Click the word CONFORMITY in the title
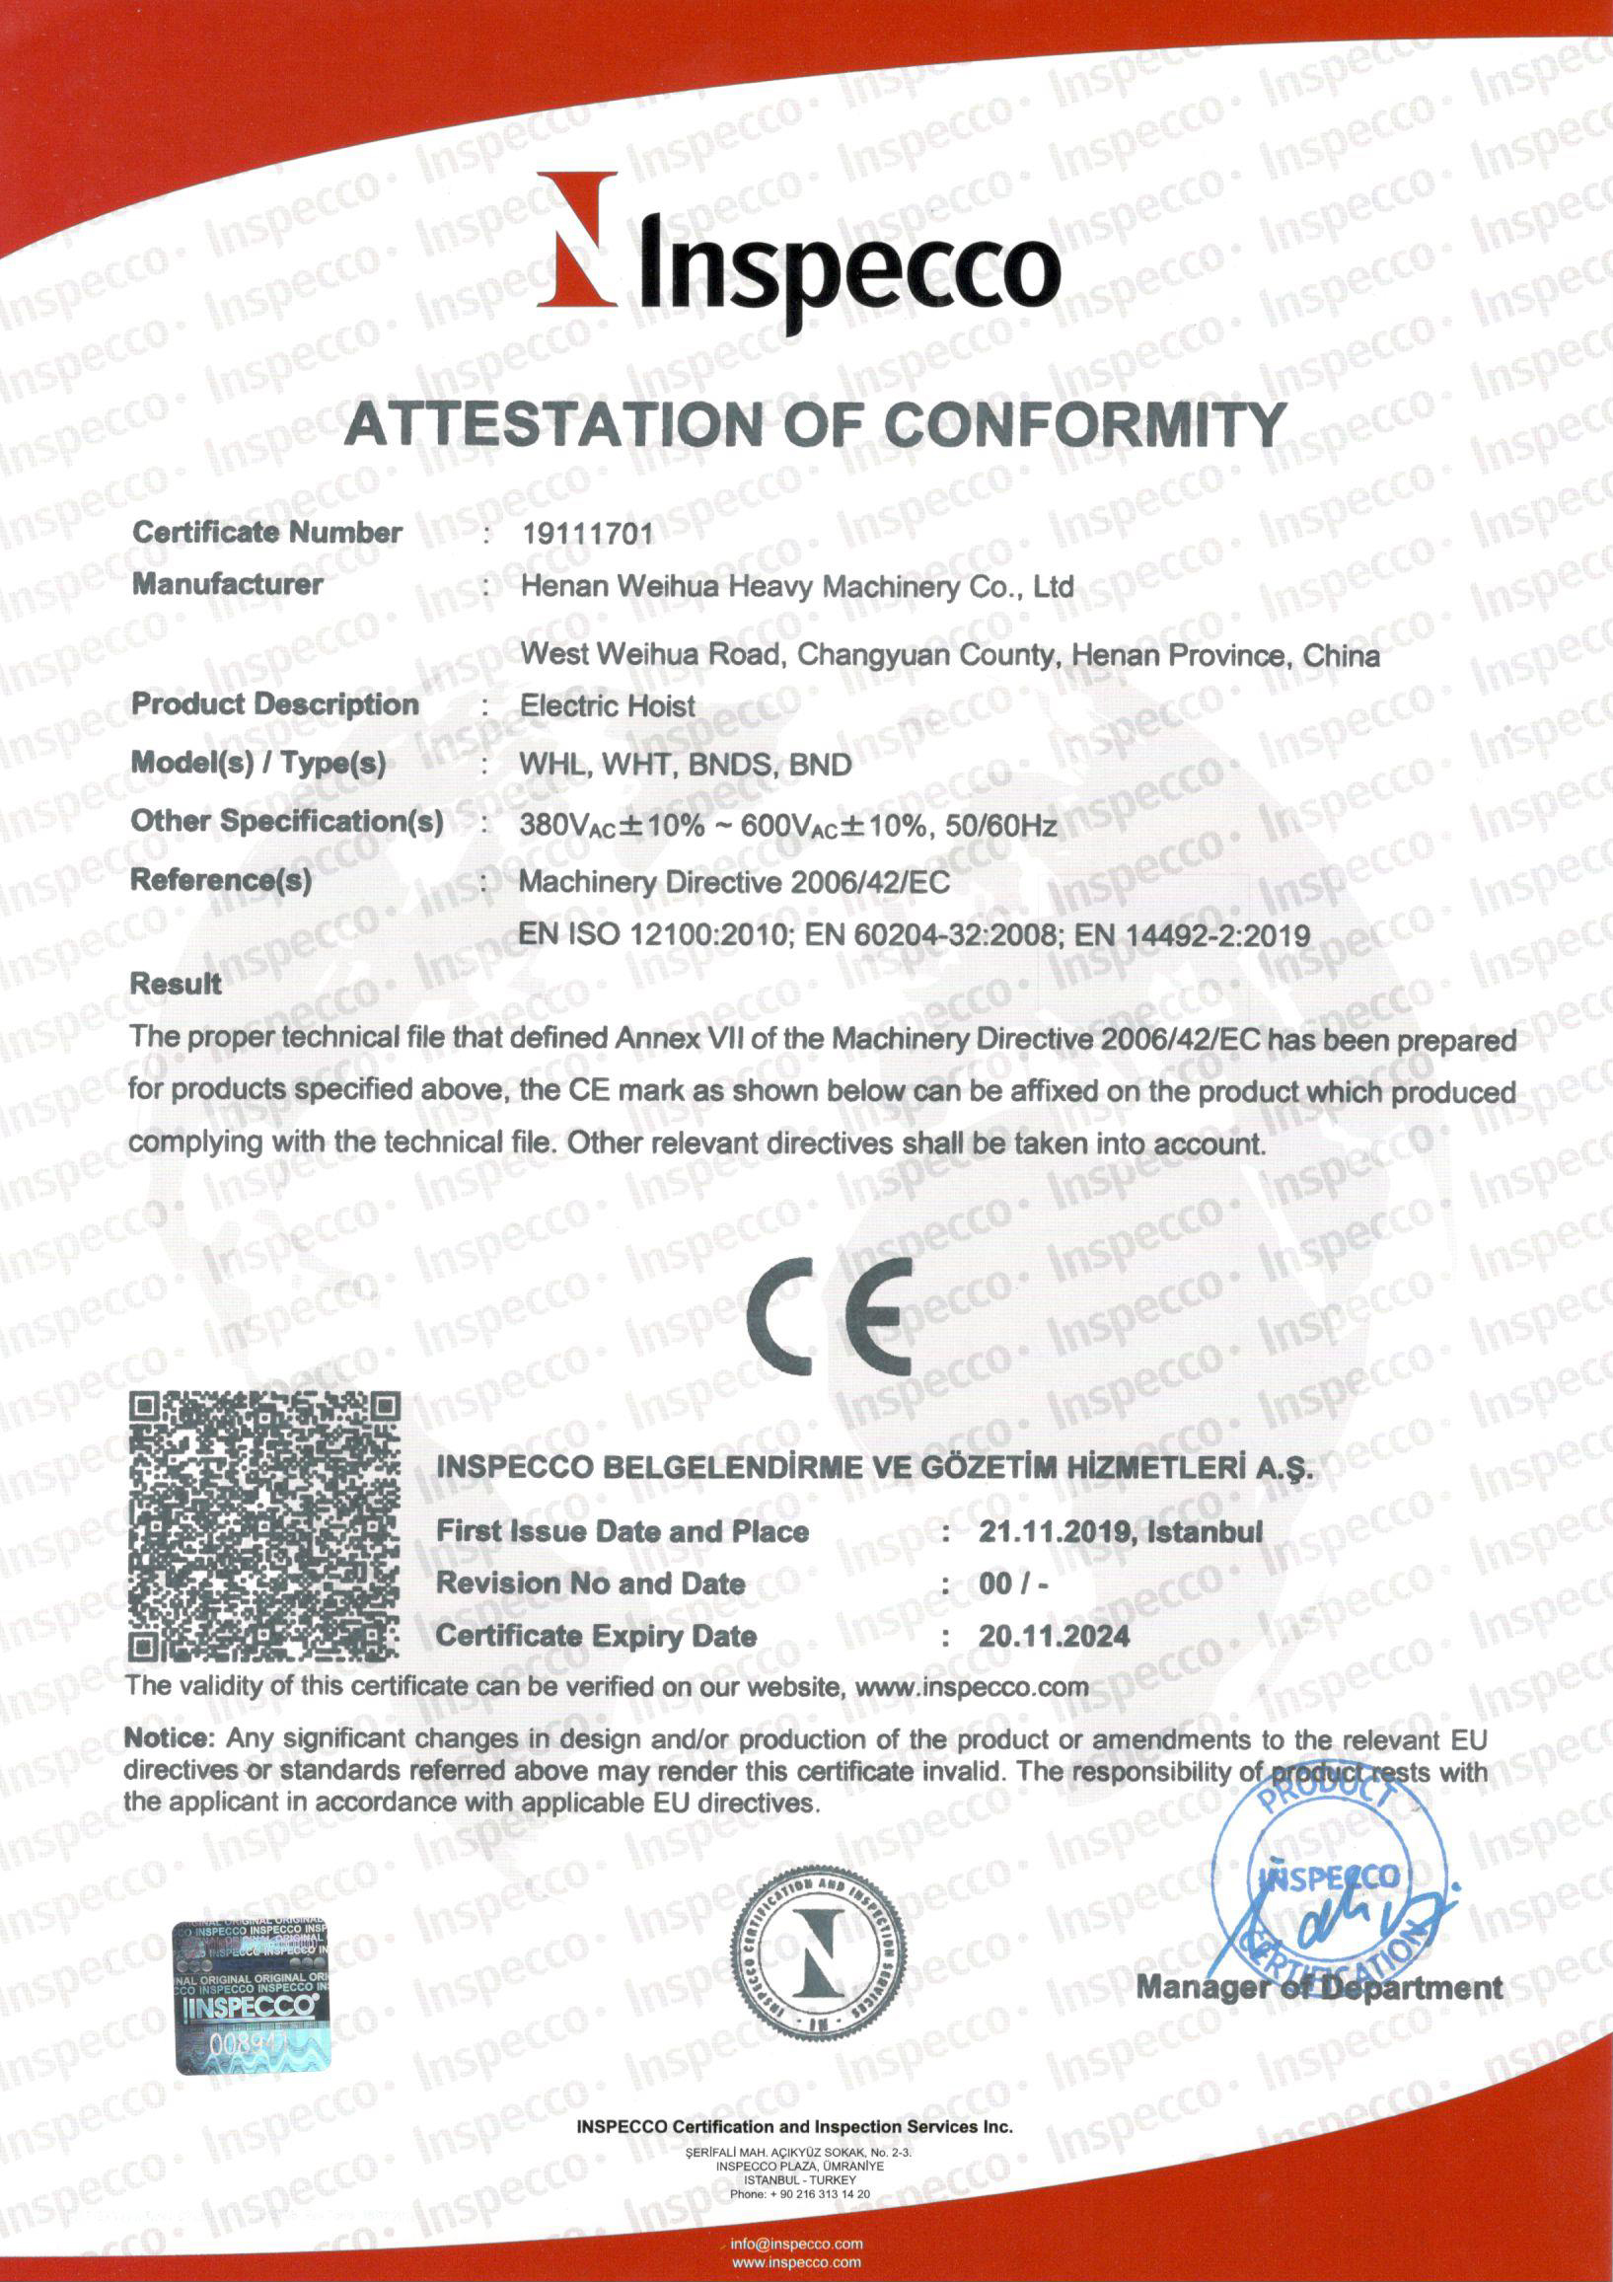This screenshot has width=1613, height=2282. coord(1084,425)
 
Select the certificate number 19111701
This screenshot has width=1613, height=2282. coord(587,534)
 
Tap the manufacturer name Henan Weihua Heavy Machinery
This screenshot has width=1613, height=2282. coord(795,586)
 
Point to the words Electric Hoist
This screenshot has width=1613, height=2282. coord(608,706)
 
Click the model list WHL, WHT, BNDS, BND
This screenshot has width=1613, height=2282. coord(685,765)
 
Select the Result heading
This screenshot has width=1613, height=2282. coord(176,984)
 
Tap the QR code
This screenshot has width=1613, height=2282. coord(264,1525)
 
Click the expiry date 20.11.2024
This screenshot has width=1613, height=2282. coord(1054,1636)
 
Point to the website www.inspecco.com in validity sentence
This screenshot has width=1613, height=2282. coord(971,1687)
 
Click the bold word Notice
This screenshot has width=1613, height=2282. coord(168,1738)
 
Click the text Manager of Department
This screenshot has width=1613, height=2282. coord(1319,1988)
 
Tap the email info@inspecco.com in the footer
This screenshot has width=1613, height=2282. coord(795,2244)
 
